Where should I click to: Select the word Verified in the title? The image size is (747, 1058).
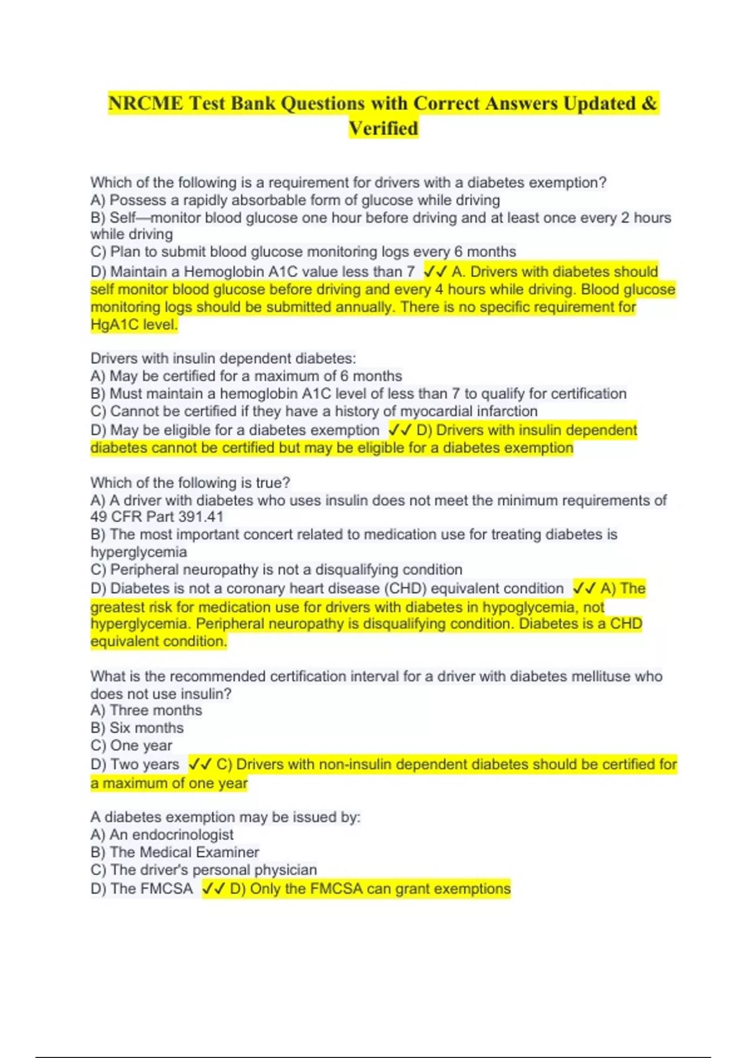383,129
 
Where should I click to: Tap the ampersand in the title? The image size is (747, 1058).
649,103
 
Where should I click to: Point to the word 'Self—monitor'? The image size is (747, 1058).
155,218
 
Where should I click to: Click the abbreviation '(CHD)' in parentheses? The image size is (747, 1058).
405,589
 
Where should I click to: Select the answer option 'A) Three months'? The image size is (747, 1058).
146,711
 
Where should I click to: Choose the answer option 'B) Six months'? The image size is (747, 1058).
137,728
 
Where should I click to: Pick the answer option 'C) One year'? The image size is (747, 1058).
131,746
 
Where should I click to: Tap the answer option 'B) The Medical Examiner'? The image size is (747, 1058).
175,852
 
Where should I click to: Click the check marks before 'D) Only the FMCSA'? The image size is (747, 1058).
214,889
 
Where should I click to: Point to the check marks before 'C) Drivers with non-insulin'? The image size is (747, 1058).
200,764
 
